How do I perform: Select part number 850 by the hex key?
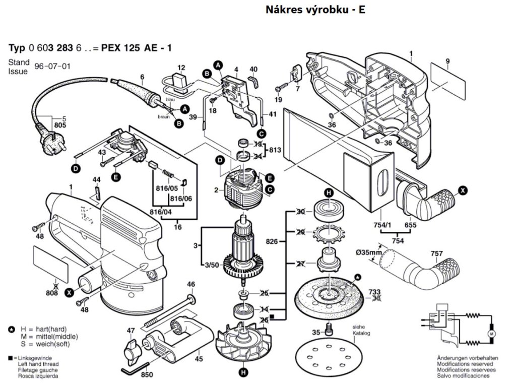[x=147, y=375]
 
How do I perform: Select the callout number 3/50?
[x=211, y=265]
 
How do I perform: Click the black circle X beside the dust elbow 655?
[x=462, y=190]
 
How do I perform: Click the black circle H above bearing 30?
[x=329, y=193]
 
